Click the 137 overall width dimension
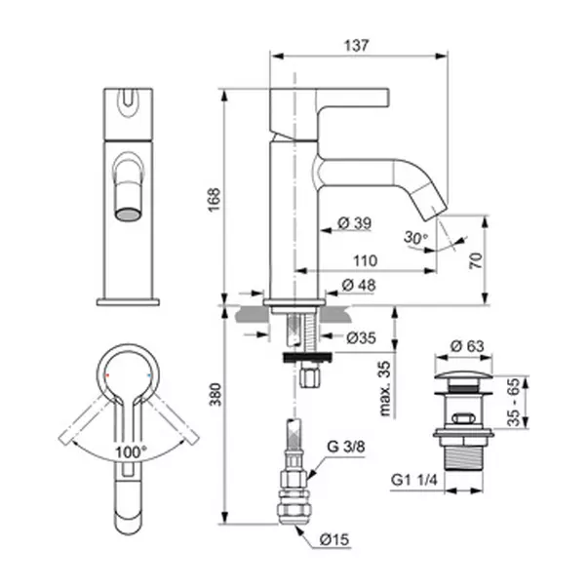(356, 46)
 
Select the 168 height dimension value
(215, 200)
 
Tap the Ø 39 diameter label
(354, 223)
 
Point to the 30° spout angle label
(415, 237)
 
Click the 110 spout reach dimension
(366, 260)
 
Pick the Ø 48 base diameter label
(359, 285)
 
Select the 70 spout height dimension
(476, 260)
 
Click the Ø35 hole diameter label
(361, 337)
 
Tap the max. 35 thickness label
(385, 388)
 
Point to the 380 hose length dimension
(216, 394)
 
